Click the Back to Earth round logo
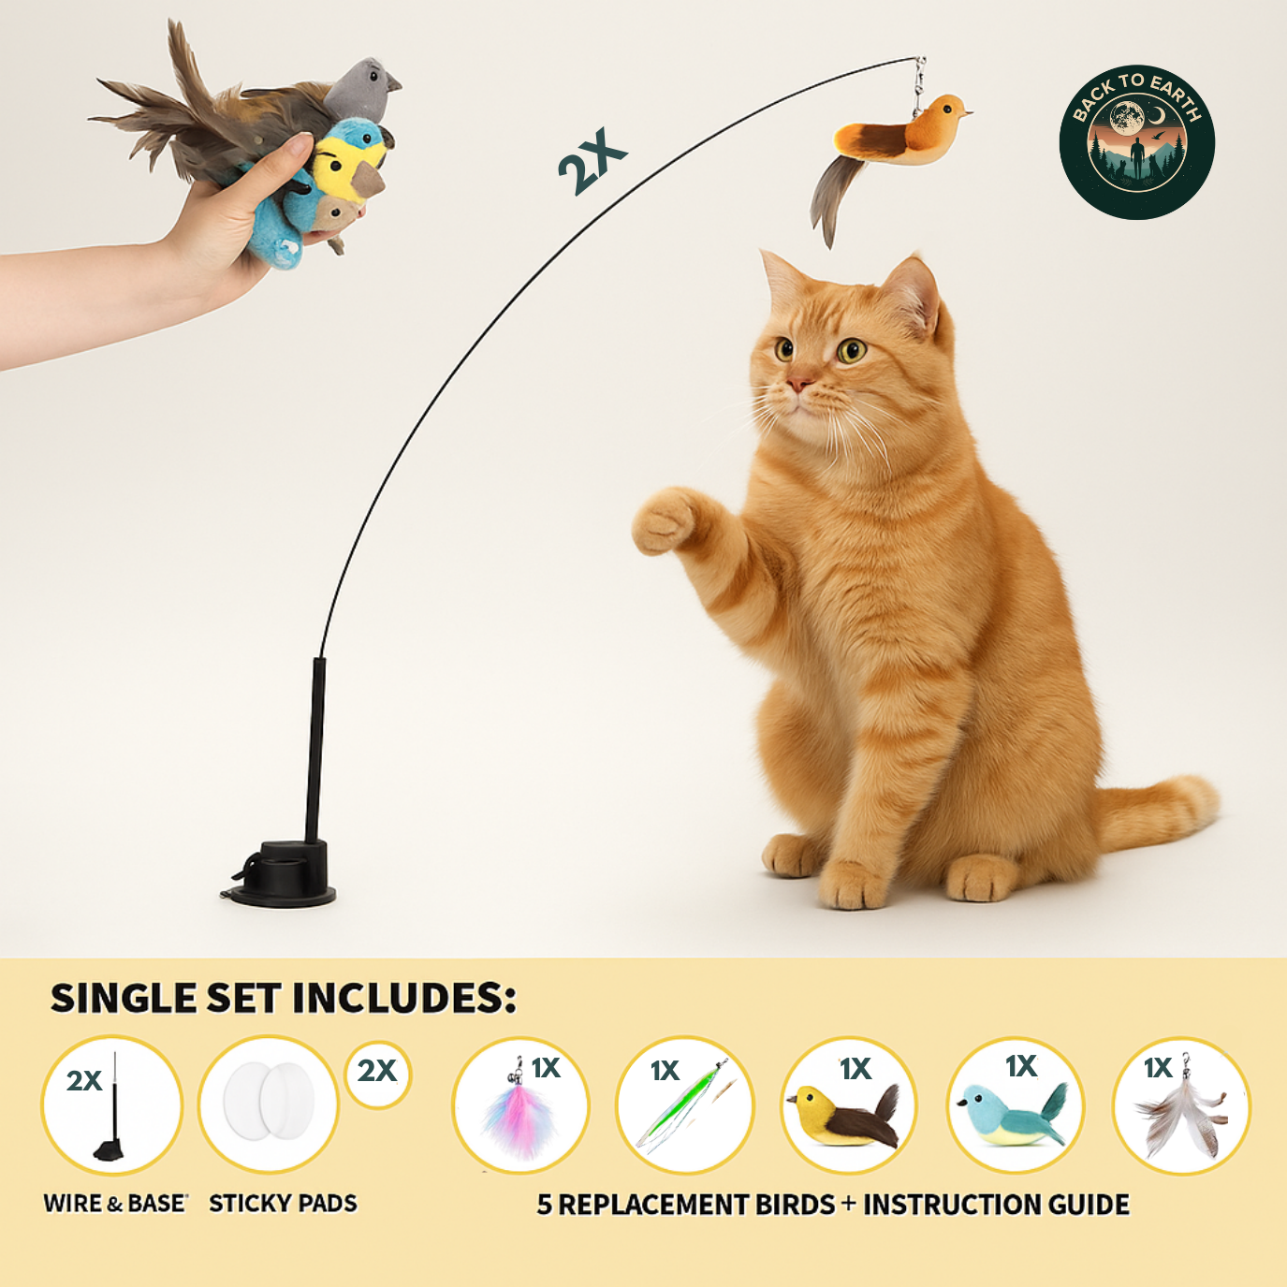pyautogui.click(x=1136, y=142)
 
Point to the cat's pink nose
pyautogui.click(x=797, y=383)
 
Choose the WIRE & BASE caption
pyautogui.click(x=114, y=1204)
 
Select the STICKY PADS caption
pyautogui.click(x=283, y=1204)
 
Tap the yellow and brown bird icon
pyautogui.click(x=845, y=1114)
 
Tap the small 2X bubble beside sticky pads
pyautogui.click(x=377, y=1072)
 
